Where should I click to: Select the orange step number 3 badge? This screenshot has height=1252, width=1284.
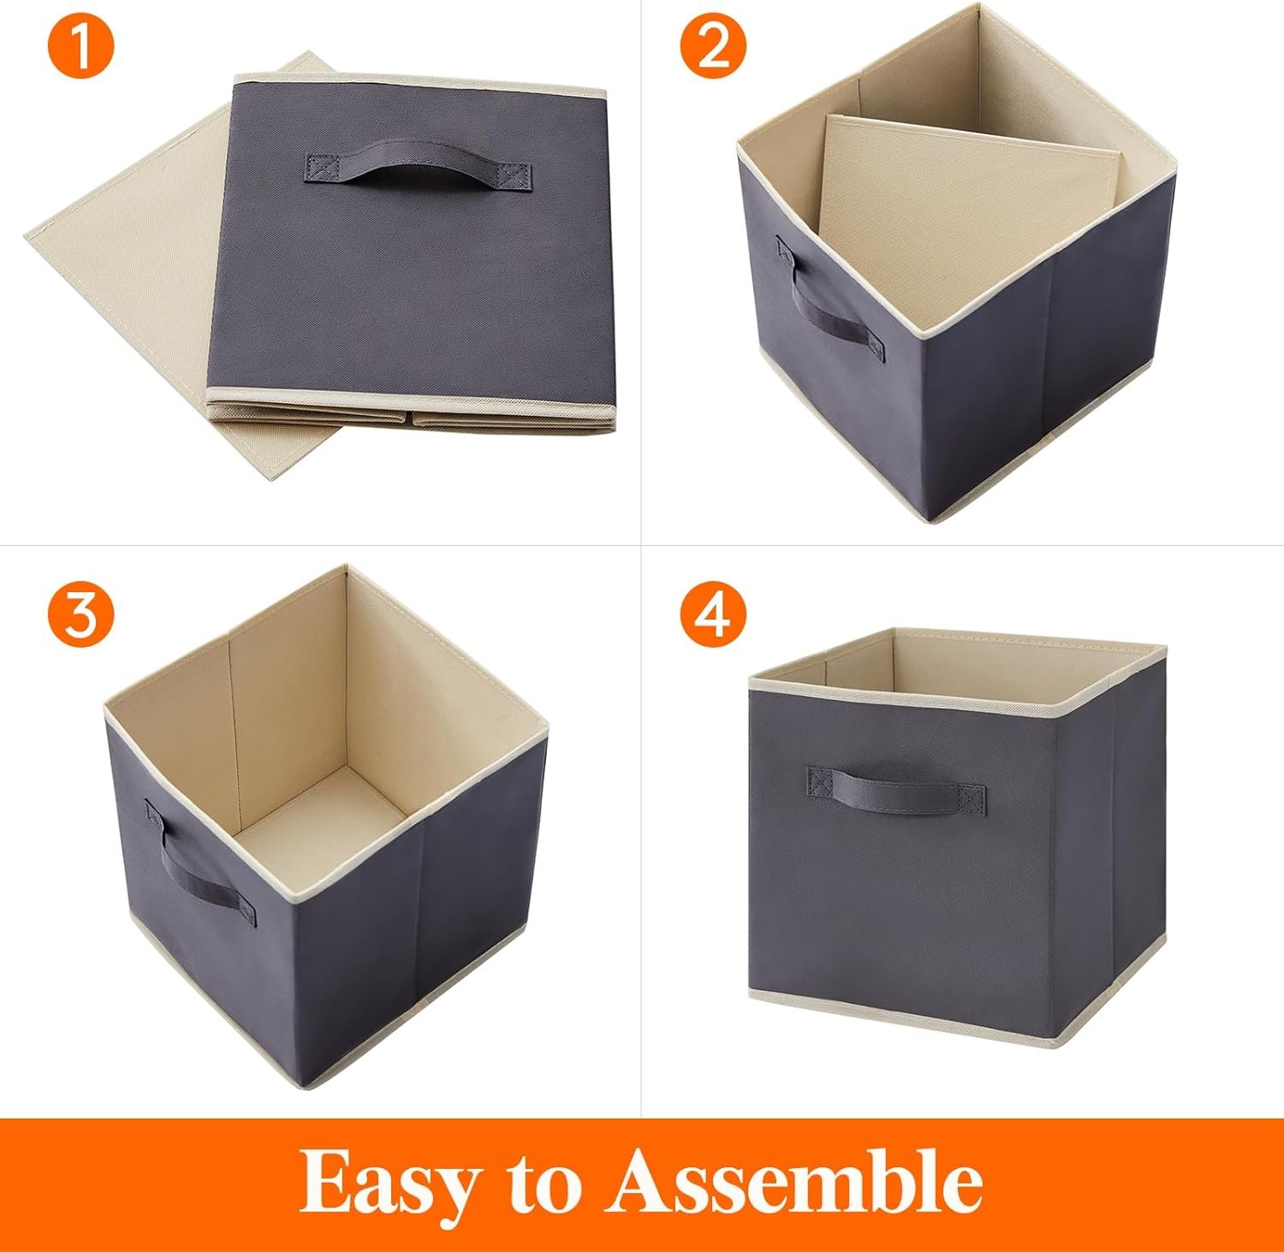[x=80, y=614]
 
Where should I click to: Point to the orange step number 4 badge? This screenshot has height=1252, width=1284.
[x=713, y=614]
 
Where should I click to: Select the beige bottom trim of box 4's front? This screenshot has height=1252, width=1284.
[x=907, y=1000]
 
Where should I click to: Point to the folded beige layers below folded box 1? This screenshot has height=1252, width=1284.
[x=411, y=419]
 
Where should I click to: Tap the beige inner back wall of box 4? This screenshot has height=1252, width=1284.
[x=1002, y=663]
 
